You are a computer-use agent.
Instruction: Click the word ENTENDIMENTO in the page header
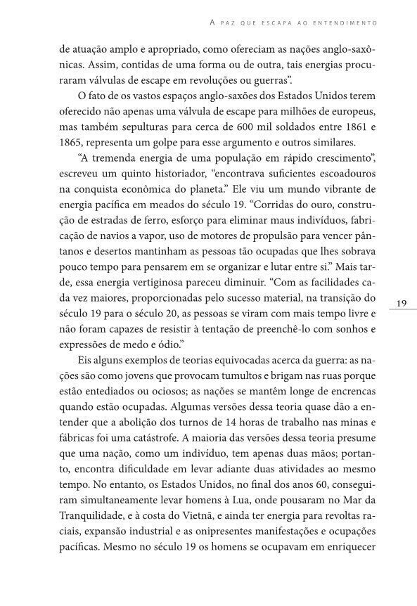pyautogui.click(x=345, y=23)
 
